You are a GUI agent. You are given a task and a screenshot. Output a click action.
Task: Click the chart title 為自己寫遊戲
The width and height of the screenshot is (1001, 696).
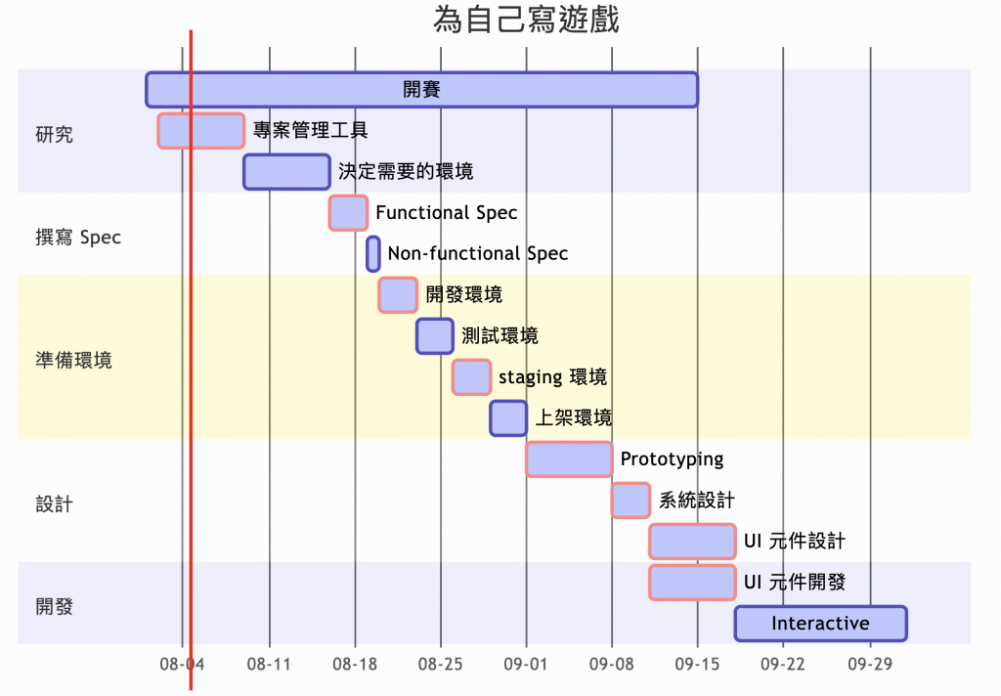coord(526,20)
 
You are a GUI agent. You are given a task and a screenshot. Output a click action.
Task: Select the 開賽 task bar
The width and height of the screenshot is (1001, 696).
coord(421,89)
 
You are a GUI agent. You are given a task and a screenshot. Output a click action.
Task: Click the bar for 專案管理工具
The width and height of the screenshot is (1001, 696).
coord(200,130)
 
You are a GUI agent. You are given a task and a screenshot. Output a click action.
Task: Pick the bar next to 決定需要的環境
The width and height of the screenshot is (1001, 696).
coord(286,171)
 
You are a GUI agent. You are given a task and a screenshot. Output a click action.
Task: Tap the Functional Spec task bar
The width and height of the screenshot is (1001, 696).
coord(348,212)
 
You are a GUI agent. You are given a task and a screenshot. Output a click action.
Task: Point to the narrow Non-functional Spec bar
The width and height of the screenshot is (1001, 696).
coord(373,253)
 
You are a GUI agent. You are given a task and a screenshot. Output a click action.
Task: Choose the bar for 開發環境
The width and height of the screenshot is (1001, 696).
coord(398,294)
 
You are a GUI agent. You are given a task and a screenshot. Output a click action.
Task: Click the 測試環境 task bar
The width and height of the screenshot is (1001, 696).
coord(435,335)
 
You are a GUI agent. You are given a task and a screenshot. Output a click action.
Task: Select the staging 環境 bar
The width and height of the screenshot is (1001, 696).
coord(471,376)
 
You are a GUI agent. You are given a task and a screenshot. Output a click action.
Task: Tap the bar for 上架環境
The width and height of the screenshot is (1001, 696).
coord(508,417)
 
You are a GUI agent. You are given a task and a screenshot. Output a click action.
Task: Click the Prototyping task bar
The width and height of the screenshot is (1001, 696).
coord(569,458)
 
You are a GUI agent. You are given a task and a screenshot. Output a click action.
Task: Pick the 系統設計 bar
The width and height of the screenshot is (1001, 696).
coord(631,500)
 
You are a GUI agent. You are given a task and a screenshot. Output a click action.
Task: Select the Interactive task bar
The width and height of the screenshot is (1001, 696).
coord(820,624)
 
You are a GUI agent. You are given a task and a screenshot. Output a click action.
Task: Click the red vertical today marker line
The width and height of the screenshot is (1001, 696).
coord(191,391)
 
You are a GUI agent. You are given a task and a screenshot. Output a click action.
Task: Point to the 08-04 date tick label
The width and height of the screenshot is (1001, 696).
coord(183,664)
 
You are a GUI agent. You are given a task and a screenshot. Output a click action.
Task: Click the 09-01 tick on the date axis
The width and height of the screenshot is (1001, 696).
coord(526,664)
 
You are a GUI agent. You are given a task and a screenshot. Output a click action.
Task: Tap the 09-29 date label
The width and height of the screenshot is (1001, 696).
coord(870,664)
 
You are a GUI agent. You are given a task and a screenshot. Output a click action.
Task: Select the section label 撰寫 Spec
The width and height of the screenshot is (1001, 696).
coord(78,238)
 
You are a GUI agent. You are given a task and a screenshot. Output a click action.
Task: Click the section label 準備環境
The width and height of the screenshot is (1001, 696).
coord(73,360)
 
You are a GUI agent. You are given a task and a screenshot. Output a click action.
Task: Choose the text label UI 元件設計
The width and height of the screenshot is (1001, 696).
coord(795,542)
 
